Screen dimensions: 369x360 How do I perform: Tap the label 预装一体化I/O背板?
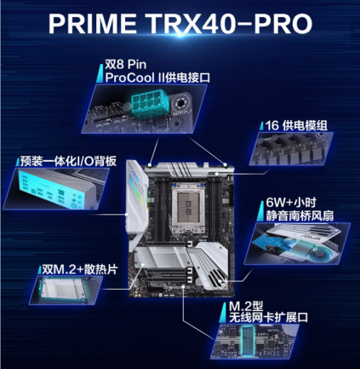(x=65, y=159)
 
